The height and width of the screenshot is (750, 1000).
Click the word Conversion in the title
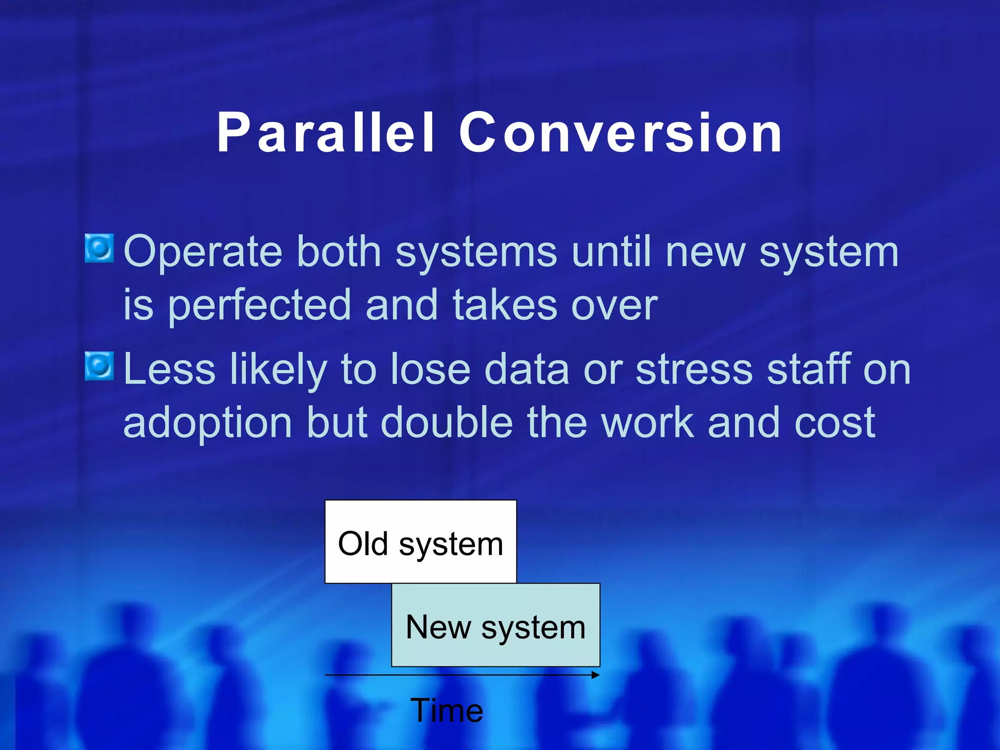pos(620,133)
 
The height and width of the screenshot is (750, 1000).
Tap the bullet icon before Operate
pos(100,248)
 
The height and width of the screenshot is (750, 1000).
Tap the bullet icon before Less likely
pos(100,366)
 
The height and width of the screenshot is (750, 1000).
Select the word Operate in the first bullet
pos(203,252)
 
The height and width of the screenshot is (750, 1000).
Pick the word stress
pos(694,370)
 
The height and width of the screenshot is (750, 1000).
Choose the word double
pos(446,422)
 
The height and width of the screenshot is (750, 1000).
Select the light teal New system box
pos(495,625)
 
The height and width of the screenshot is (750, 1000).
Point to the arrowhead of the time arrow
pos(595,675)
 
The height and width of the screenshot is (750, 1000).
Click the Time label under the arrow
pos(446,710)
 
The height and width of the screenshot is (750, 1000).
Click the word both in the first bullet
pos(339,252)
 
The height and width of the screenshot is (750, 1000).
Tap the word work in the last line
pos(647,422)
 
